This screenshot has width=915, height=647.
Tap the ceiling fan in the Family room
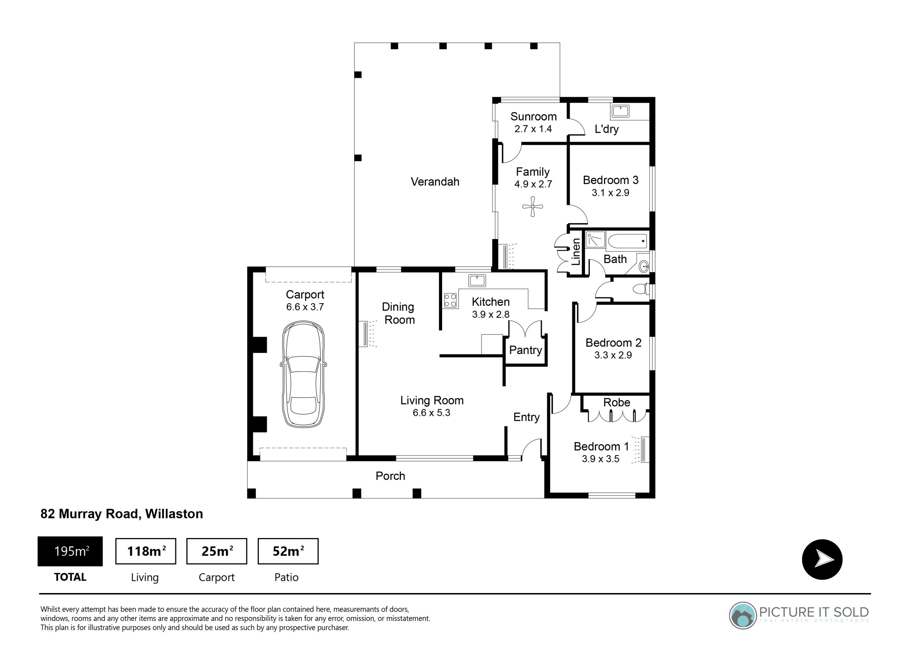tap(533, 206)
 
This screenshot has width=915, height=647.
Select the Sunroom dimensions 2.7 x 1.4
tap(533, 129)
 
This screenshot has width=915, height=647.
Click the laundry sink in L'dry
tap(620, 111)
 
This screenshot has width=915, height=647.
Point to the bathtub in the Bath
tap(627, 241)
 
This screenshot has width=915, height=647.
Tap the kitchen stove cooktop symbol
tap(450, 300)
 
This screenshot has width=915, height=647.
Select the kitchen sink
tap(477, 280)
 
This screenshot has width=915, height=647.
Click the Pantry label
tap(525, 350)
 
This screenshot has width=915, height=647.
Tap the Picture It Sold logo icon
tap(742, 616)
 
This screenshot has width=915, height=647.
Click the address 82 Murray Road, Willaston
tap(122, 514)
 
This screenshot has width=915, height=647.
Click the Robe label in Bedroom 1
tap(617, 402)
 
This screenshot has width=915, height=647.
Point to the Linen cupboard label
tap(576, 252)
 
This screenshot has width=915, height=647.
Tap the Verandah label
tap(435, 182)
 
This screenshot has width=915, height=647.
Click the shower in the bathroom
tap(595, 240)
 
